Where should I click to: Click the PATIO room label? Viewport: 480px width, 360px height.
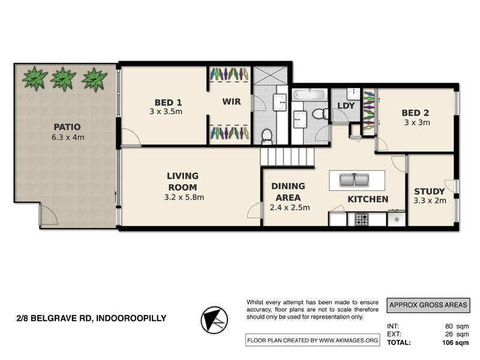[67, 127]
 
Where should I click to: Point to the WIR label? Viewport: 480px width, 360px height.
[231, 101]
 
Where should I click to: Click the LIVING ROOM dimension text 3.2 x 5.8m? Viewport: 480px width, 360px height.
[184, 197]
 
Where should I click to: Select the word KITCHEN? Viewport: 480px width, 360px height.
[368, 199]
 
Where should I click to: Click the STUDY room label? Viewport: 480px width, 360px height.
[430, 191]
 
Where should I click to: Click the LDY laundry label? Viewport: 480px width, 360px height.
[346, 106]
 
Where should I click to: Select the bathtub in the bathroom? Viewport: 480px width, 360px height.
[309, 95]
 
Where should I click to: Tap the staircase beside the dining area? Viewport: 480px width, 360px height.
[287, 157]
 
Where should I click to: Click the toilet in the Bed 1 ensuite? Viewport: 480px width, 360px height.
[268, 136]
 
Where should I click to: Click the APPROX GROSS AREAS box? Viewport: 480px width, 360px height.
[428, 305]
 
